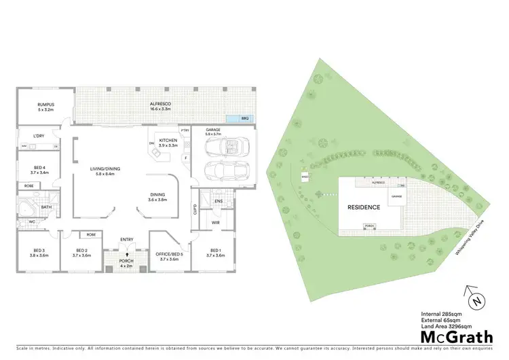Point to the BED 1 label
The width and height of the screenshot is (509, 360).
click(216, 253)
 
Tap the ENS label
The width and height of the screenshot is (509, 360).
click(219, 201)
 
